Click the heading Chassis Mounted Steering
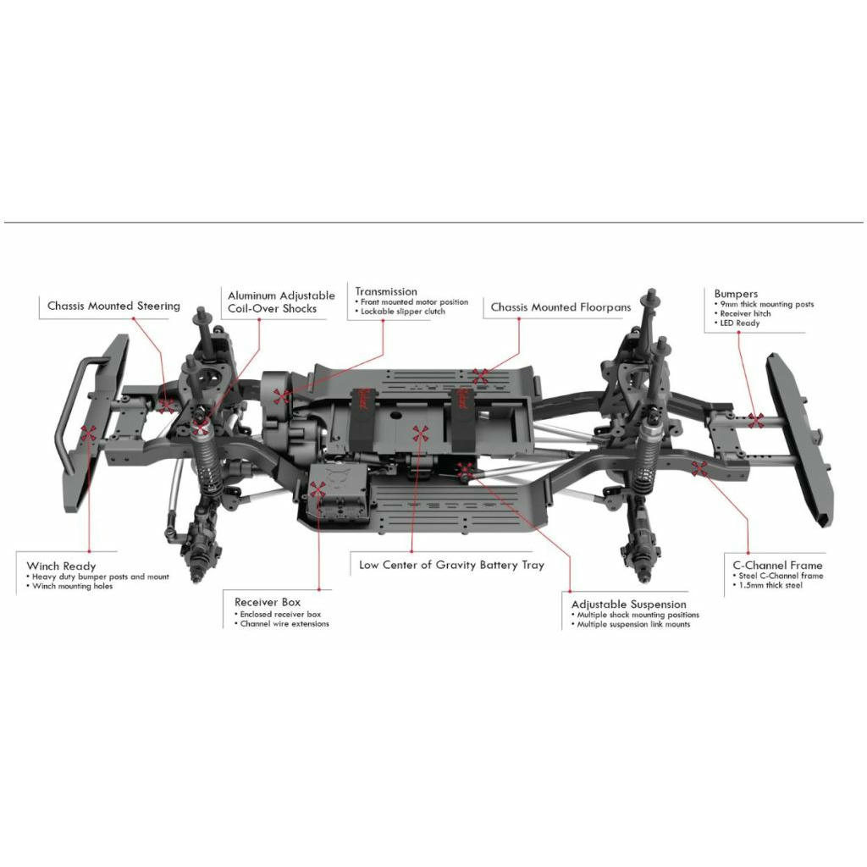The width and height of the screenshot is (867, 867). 113,306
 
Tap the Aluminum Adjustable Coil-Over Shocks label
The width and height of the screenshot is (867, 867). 281,302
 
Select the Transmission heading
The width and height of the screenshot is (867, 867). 386,291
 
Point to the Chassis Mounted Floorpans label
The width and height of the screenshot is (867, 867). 561,306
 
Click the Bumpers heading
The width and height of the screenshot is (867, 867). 736,294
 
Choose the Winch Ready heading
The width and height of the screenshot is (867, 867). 61,566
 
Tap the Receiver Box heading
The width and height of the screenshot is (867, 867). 267,602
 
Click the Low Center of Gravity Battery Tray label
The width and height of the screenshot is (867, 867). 451,565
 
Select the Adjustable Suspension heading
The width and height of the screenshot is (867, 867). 629,605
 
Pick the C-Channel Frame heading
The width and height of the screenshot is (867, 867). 777,565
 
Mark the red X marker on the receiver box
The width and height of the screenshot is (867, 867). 318,489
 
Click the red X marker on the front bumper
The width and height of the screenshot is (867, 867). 88,433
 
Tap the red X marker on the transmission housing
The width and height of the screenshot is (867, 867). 282,396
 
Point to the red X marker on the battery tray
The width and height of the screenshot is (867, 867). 420,433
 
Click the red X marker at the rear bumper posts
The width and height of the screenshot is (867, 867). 756,420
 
